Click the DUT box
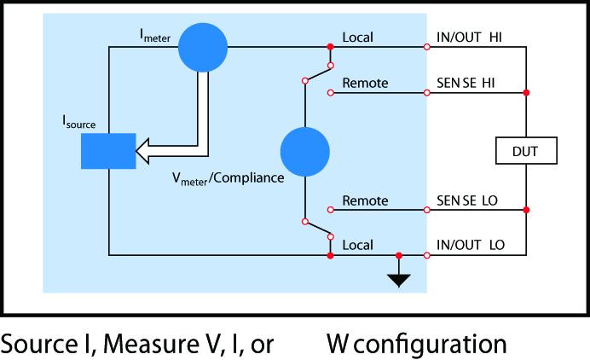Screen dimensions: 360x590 pos(526,151)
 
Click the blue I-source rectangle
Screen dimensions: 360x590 pos(108,151)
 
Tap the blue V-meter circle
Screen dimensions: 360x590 pos(304,151)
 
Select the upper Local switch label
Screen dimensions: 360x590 pos(357,38)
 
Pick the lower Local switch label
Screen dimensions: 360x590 pos(357,245)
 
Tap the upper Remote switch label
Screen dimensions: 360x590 pos(365,83)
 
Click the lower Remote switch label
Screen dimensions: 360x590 pos(365,200)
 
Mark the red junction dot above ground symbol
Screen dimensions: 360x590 pos(399,254)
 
